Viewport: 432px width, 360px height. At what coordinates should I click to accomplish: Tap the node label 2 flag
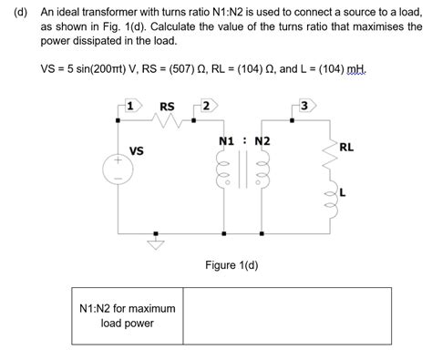pos(207,106)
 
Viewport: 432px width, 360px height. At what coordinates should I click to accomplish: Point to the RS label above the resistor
pos(168,106)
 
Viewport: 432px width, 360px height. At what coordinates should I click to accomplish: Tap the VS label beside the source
pos(137,150)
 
